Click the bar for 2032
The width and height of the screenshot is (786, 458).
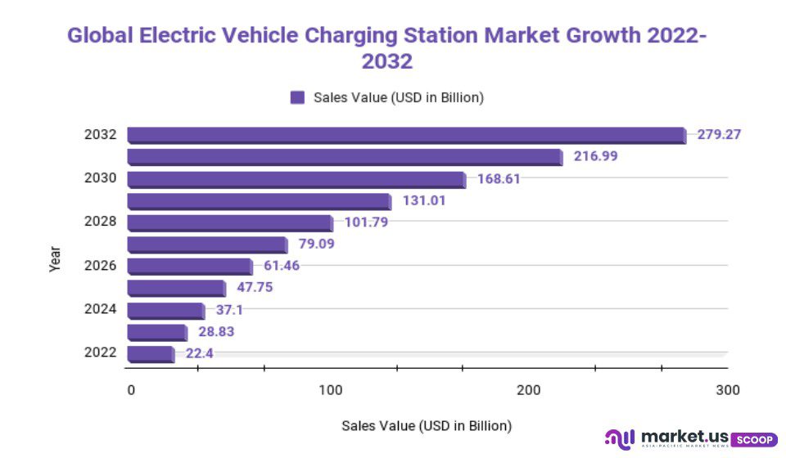tap(406, 135)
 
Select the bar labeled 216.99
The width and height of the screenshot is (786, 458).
tap(345, 157)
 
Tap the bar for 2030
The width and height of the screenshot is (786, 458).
tap(296, 179)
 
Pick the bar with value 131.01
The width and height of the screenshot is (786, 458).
tap(260, 201)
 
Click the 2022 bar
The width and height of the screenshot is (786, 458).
tap(151, 354)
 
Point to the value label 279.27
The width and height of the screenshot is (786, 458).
tap(719, 134)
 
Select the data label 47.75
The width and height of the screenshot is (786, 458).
tap(255, 287)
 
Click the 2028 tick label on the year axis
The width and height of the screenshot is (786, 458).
tap(101, 222)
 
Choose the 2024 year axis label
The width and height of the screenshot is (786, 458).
tap(101, 309)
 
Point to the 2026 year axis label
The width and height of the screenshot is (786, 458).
tap(101, 266)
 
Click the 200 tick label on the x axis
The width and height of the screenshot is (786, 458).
tap(529, 390)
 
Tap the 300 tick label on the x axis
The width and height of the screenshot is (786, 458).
tap(727, 390)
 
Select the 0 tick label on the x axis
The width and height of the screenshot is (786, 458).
tap(131, 390)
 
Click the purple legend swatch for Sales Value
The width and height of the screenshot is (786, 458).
tap(297, 97)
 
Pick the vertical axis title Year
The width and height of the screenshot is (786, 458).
tap(55, 259)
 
